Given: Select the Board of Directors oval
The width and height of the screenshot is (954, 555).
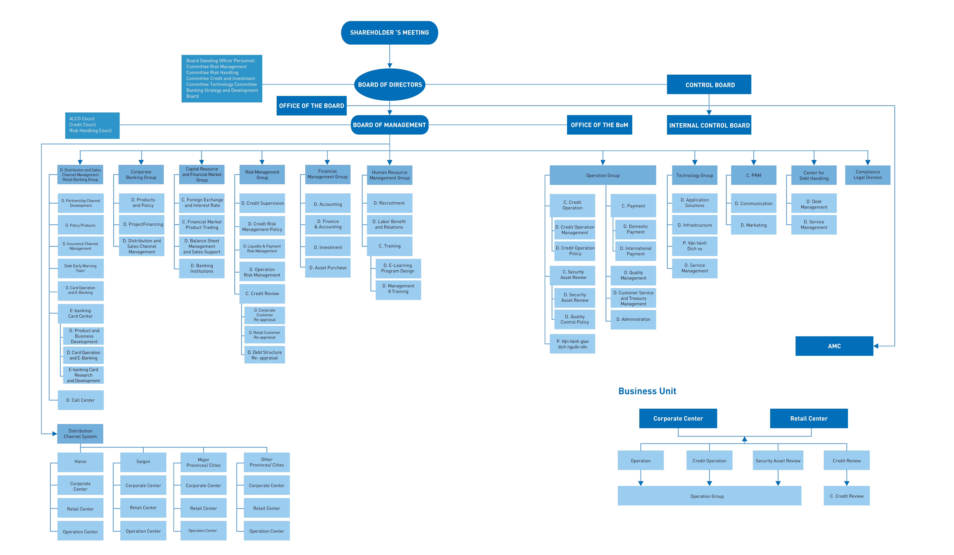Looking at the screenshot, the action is click(x=390, y=84).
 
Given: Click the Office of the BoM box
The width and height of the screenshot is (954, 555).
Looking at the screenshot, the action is click(x=599, y=125).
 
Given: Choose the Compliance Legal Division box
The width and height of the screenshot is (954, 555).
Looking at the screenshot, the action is click(x=868, y=175).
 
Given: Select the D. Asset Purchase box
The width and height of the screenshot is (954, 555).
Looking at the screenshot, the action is click(x=328, y=268).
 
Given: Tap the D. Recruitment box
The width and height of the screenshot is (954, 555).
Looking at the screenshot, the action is click(x=390, y=203).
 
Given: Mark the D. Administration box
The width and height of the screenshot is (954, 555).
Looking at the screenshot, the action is click(x=633, y=320).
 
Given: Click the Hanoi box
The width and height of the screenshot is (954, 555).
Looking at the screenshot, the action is click(x=80, y=461).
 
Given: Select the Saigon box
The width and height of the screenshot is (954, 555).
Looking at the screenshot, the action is click(x=143, y=461).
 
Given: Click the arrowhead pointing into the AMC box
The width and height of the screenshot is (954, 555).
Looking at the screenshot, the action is click(x=876, y=346).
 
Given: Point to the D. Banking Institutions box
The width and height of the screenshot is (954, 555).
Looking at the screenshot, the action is click(x=202, y=268).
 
